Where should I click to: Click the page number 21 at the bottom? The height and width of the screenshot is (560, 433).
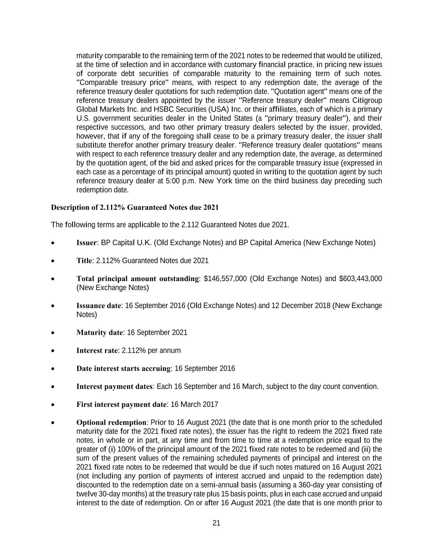[x=217, y=523]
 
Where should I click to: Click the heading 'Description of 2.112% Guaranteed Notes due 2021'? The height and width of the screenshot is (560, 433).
[x=135, y=207]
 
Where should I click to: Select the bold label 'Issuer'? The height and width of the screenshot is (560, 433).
[x=87, y=243]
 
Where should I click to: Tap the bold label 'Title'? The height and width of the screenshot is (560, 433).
[x=84, y=261]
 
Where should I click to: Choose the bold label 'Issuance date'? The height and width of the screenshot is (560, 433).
[x=99, y=306]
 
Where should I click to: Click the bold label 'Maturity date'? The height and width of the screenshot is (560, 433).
[x=99, y=333]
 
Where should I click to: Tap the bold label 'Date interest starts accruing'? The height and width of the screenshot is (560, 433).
[x=123, y=368]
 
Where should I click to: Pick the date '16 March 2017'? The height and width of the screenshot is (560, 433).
[x=194, y=405]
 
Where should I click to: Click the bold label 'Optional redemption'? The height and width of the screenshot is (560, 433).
[x=111, y=423]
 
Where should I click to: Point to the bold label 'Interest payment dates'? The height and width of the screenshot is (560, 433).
[x=115, y=386]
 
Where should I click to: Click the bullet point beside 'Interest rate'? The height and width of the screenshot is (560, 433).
[x=53, y=351]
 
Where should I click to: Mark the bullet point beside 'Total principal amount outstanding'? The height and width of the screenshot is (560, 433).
[x=53, y=279]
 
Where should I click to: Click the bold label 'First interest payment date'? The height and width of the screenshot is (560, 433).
[x=121, y=405]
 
